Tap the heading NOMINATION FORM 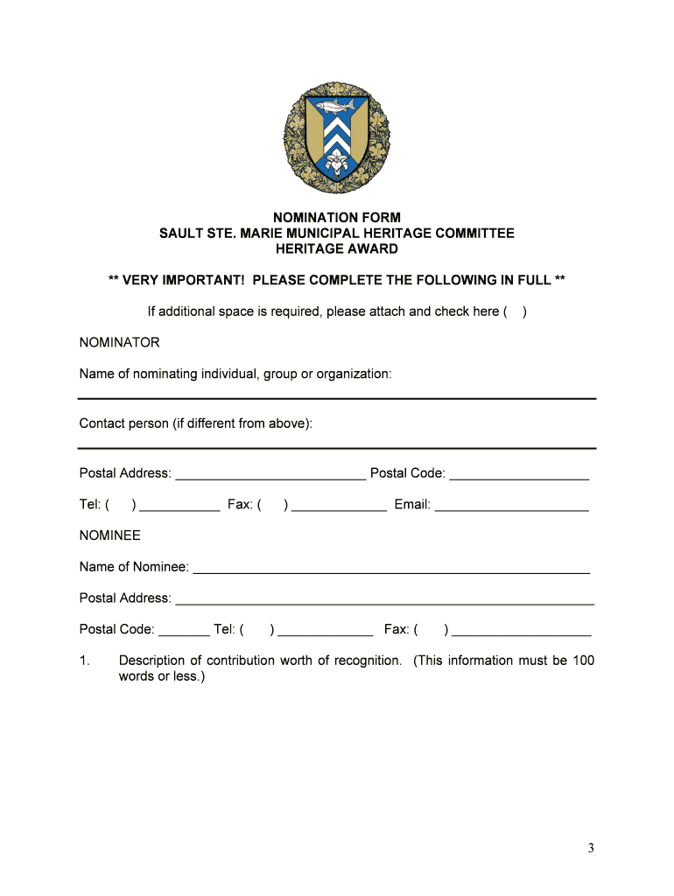point(336,217)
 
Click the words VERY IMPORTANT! point(183,280)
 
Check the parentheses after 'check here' point(515,311)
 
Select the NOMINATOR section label point(119,342)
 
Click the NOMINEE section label point(109,535)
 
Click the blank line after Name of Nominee point(391,570)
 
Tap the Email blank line point(511,507)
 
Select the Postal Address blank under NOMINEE point(384,601)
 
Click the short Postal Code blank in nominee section point(184,633)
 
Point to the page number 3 point(591,848)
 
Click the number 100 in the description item point(583,661)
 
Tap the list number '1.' point(84,661)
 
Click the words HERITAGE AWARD point(336,248)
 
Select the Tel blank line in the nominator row point(179,507)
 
